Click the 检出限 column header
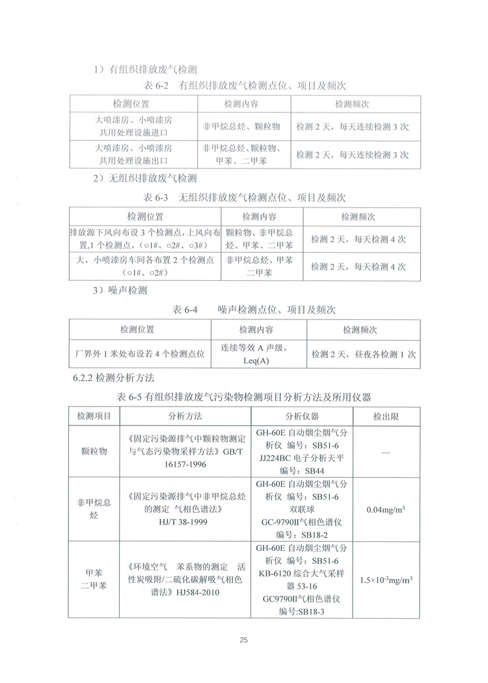[x=386, y=416]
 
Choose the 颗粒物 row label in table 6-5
[x=94, y=451]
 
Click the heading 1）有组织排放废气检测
[x=144, y=68]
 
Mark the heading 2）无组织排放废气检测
[x=144, y=178]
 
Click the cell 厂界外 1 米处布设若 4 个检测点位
[x=141, y=355]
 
